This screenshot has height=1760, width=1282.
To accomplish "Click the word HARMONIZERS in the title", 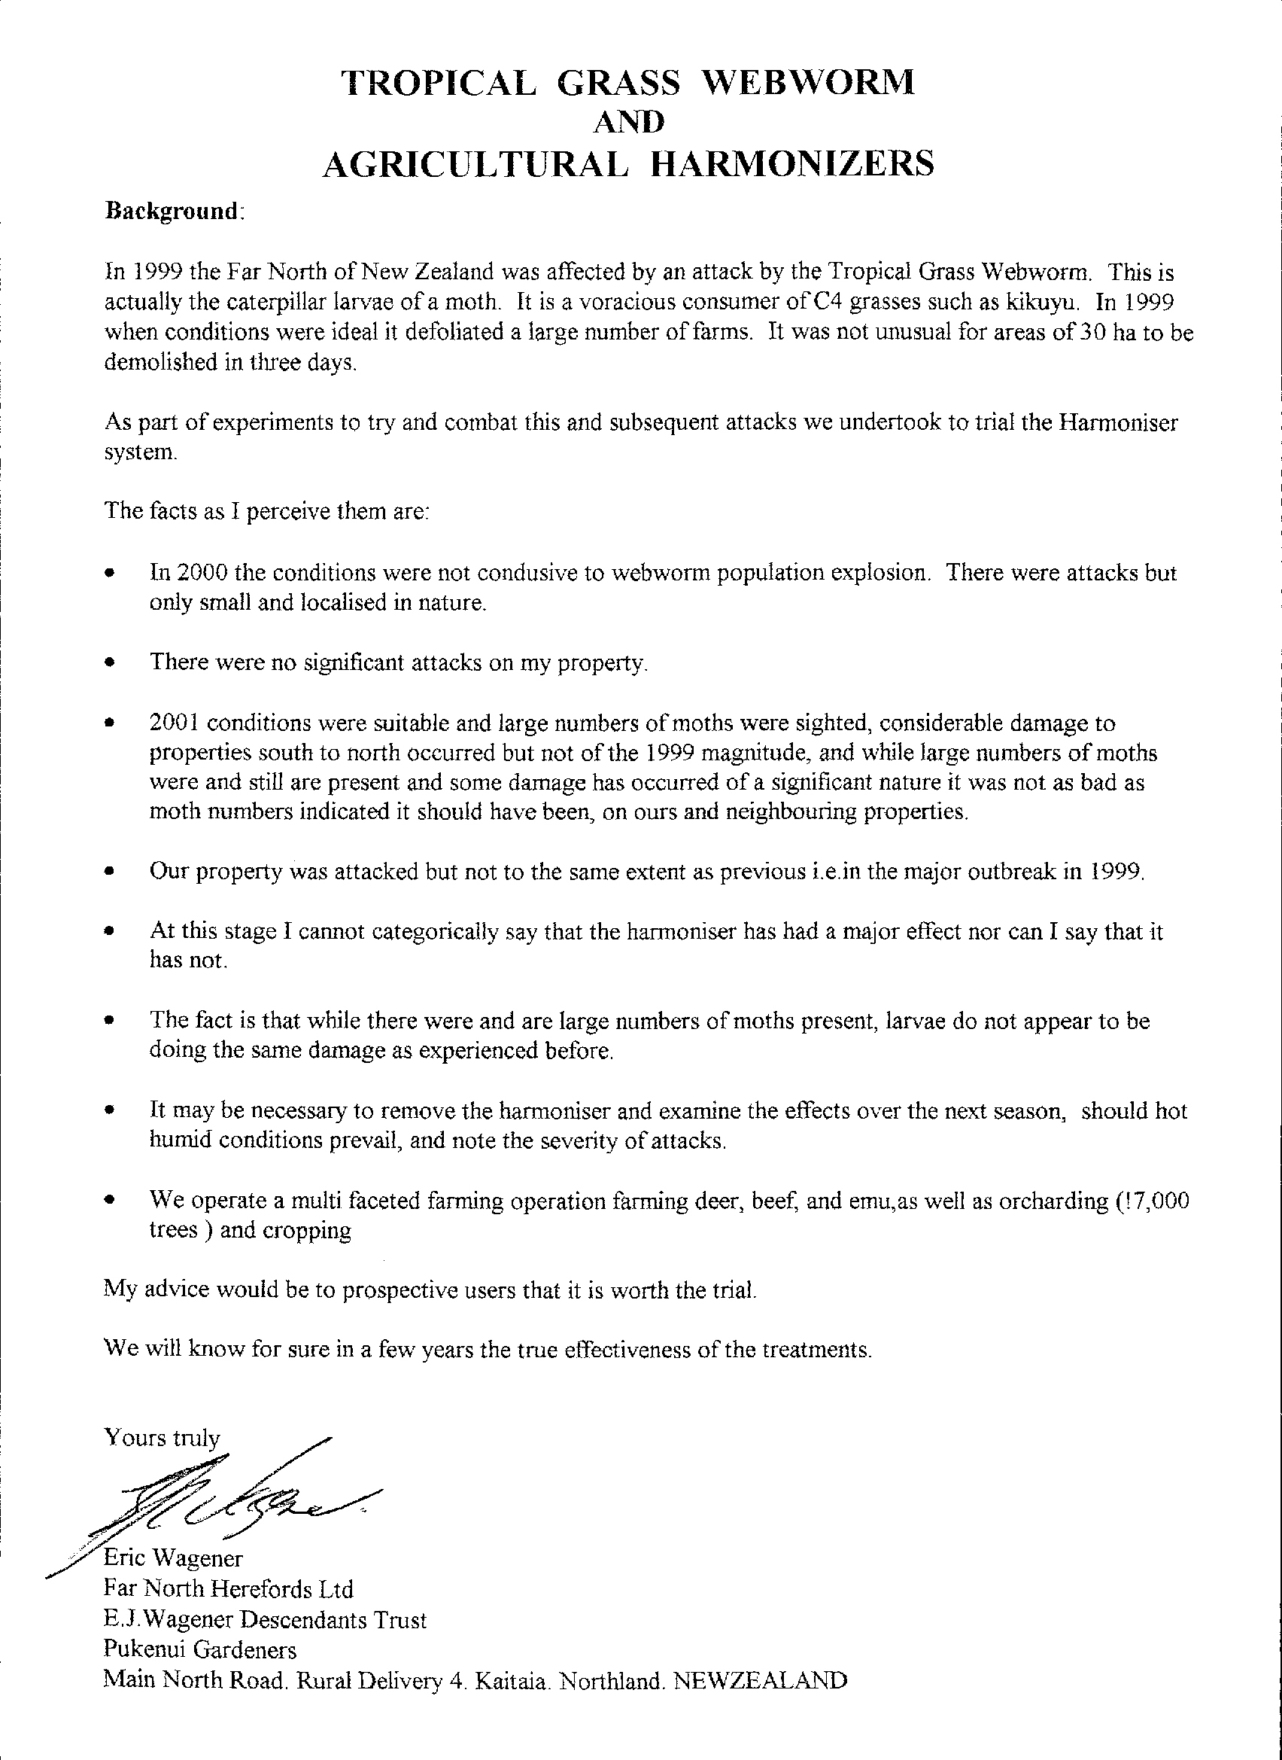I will click(791, 165).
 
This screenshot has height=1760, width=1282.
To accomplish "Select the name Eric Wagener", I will click(175, 1559).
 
